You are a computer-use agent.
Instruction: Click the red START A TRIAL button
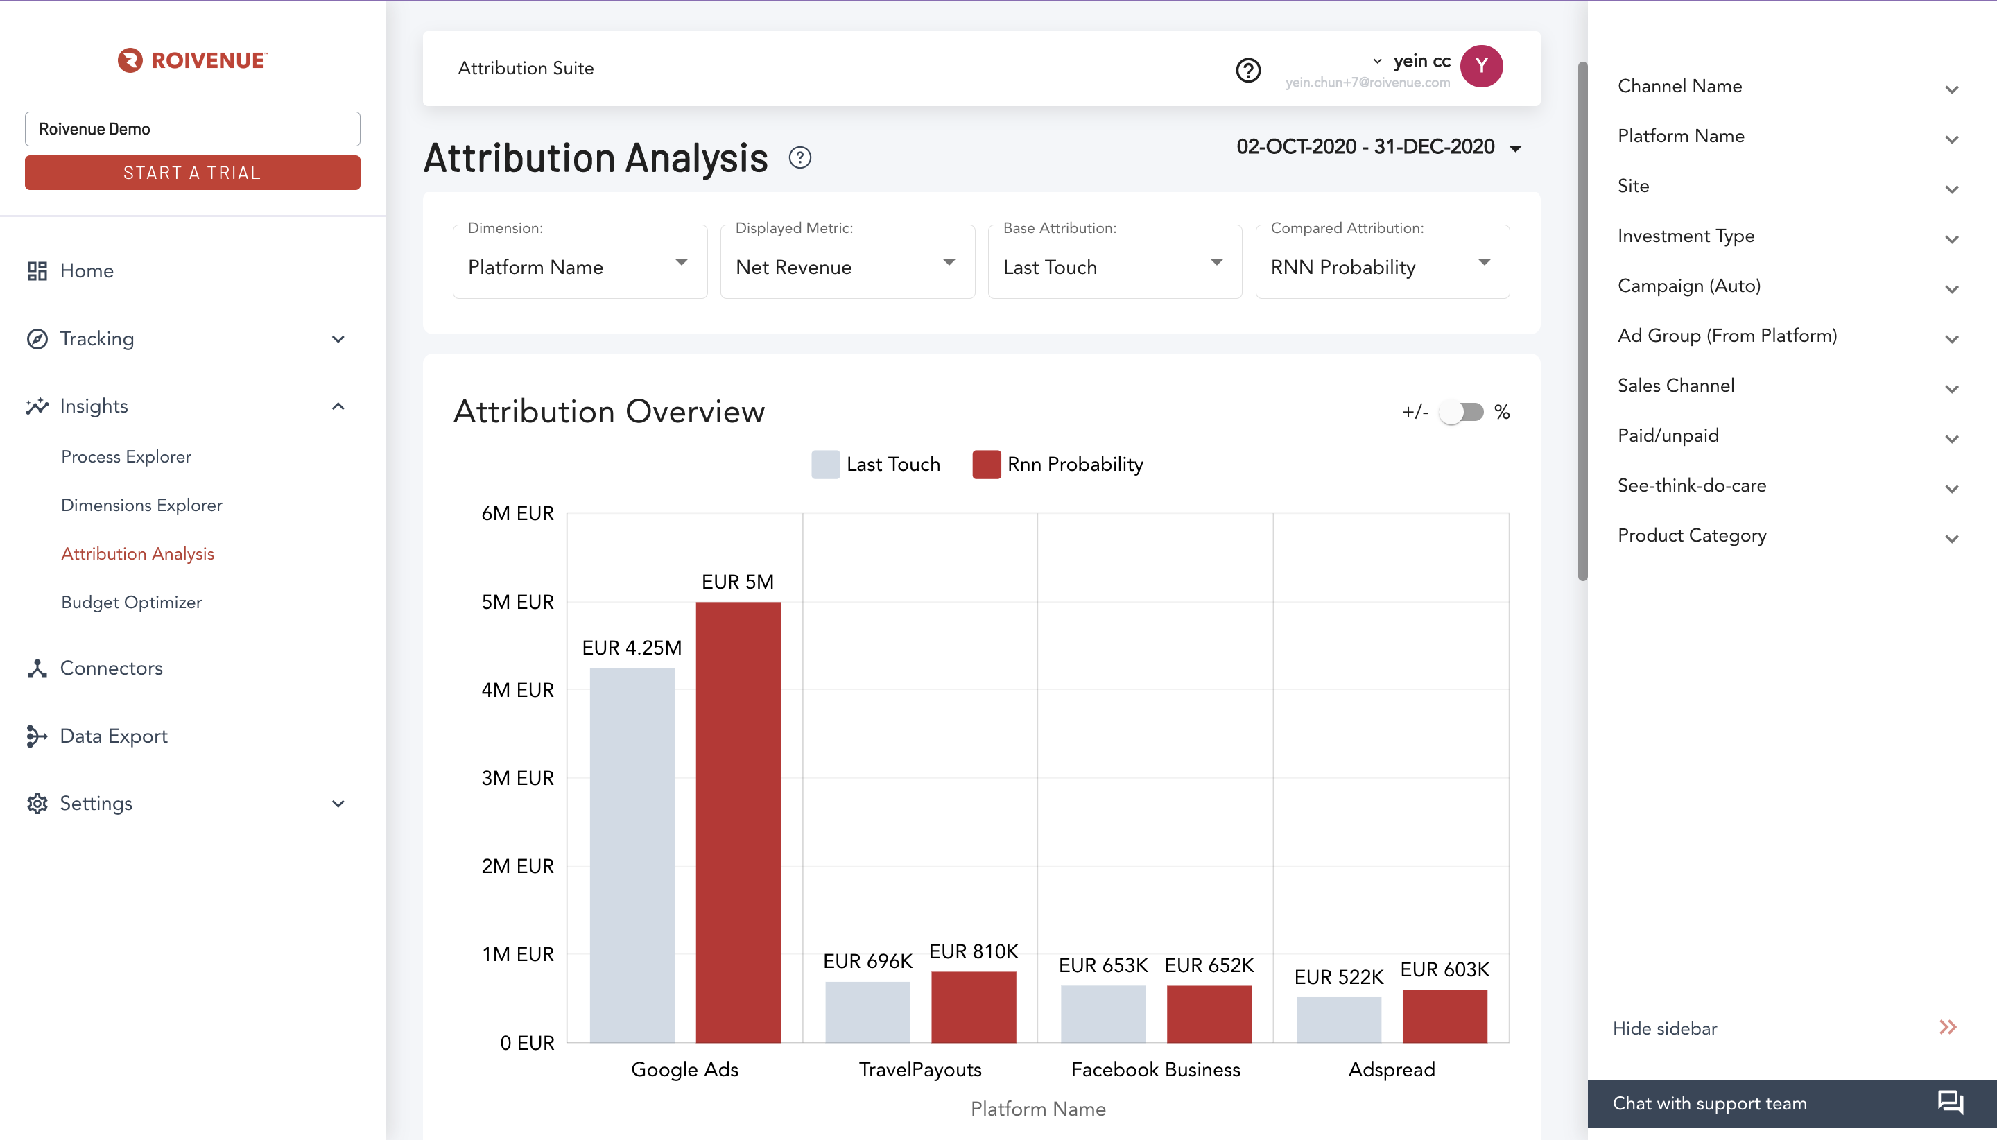[193, 172]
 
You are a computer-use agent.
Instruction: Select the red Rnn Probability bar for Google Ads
[738, 822]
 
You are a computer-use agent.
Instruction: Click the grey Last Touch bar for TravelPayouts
[867, 1012]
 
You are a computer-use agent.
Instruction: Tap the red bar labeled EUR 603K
[1444, 1017]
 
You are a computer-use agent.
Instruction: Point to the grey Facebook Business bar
[1103, 1014]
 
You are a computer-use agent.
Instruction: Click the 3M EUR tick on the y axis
[517, 777]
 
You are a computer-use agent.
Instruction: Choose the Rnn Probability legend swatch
[987, 465]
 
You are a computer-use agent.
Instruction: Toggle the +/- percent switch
[1462, 412]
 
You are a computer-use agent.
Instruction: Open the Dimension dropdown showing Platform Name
[580, 262]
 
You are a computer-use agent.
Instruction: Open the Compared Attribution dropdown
[1383, 262]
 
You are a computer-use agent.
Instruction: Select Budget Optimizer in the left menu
[132, 602]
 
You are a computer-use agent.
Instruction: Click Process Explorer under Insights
[126, 456]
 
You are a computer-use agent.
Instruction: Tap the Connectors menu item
[111, 668]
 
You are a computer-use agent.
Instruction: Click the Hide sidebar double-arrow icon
[1948, 1027]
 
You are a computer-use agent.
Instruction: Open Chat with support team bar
[1792, 1103]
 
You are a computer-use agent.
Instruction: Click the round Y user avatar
[1481, 66]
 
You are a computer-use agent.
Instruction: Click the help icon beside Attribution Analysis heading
[799, 158]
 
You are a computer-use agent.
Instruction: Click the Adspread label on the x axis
[1391, 1069]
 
